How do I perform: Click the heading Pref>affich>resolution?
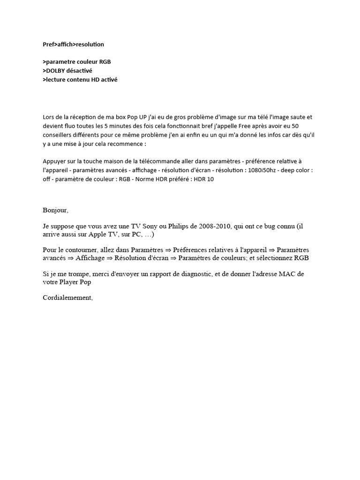pos(73,45)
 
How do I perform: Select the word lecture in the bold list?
pos(55,80)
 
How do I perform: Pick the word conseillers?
pos(59,135)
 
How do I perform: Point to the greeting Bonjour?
pos(55,210)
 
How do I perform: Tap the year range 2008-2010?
pos(214,226)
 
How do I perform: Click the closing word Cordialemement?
pos(67,298)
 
